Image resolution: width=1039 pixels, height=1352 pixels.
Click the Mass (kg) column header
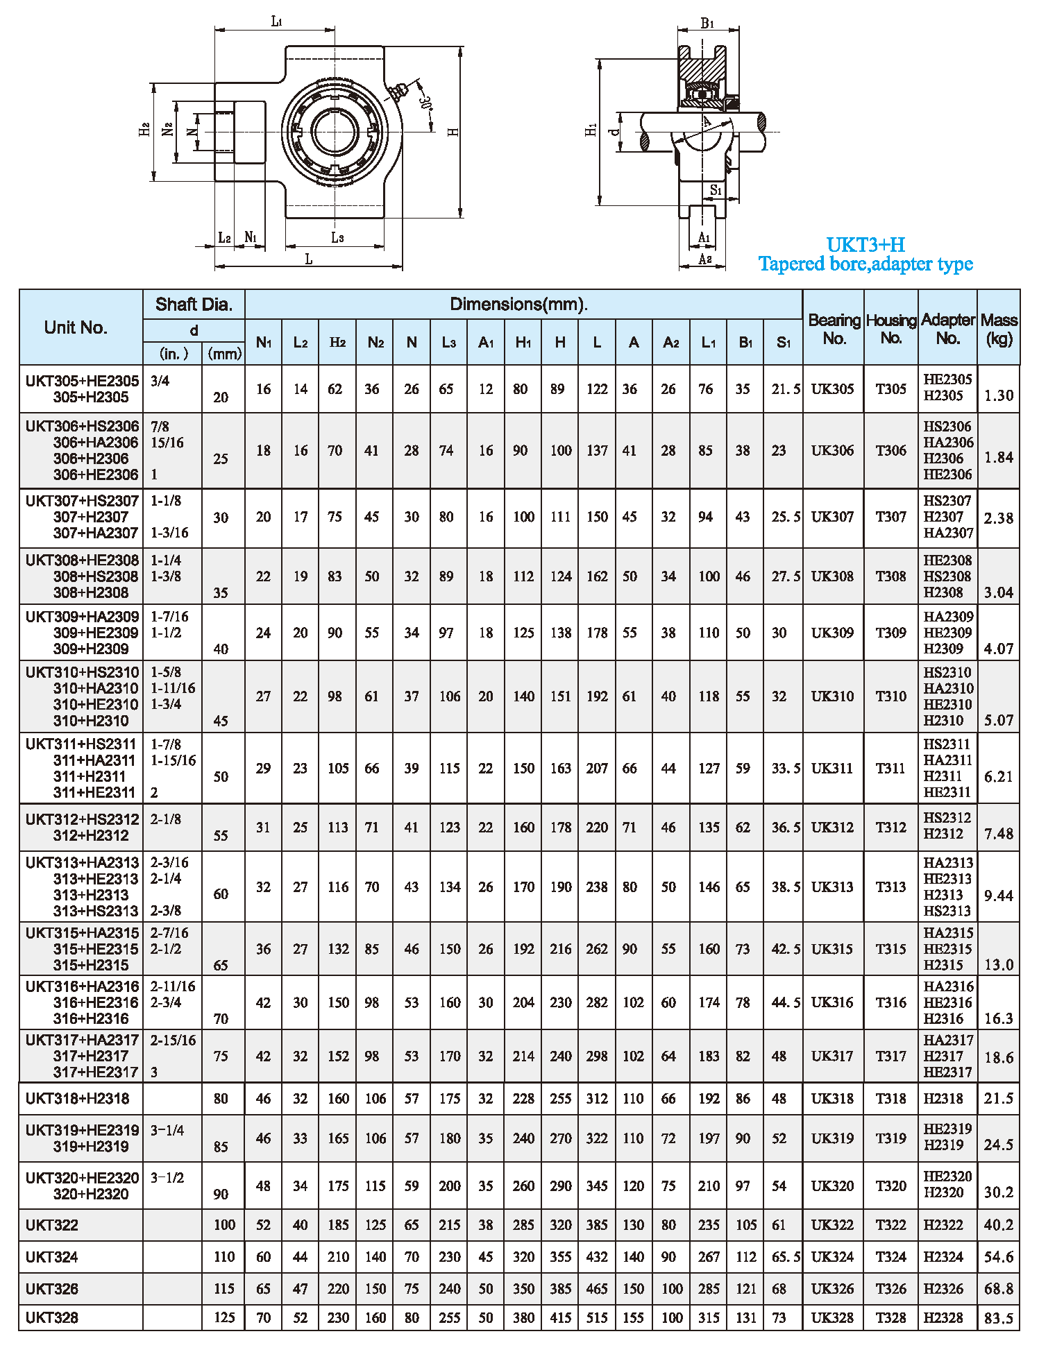999,329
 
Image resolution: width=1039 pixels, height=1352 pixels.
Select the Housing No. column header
891,329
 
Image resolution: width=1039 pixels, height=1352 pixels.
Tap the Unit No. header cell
76,327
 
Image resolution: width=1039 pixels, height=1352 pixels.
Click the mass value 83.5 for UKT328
999,1318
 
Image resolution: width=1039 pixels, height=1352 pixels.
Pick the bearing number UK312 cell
832,827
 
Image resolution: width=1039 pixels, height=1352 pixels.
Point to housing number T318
891,1098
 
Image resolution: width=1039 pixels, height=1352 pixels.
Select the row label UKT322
52,1225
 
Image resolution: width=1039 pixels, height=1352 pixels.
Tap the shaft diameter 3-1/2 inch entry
167,1177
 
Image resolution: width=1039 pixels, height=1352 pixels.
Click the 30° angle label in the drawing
425,103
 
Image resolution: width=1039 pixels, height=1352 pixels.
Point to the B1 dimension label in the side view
707,24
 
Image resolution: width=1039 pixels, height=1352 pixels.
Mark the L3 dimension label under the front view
337,238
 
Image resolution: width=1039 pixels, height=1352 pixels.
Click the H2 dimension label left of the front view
144,130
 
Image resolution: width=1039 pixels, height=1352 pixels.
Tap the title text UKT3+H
865,245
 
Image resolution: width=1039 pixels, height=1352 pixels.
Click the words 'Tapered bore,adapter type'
865,264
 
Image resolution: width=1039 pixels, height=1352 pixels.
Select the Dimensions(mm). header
518,304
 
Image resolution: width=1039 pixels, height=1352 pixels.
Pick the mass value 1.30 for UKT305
999,396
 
